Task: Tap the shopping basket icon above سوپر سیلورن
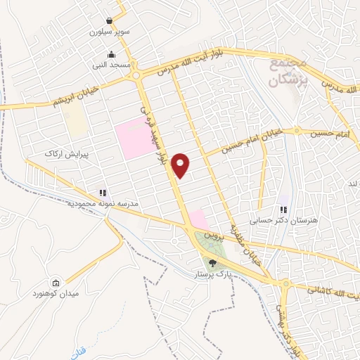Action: click(110, 21)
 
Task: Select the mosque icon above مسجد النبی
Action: click(110, 55)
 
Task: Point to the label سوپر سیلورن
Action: click(110, 32)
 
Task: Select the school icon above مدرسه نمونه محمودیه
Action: click(103, 193)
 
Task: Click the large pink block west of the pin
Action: click(134, 138)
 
